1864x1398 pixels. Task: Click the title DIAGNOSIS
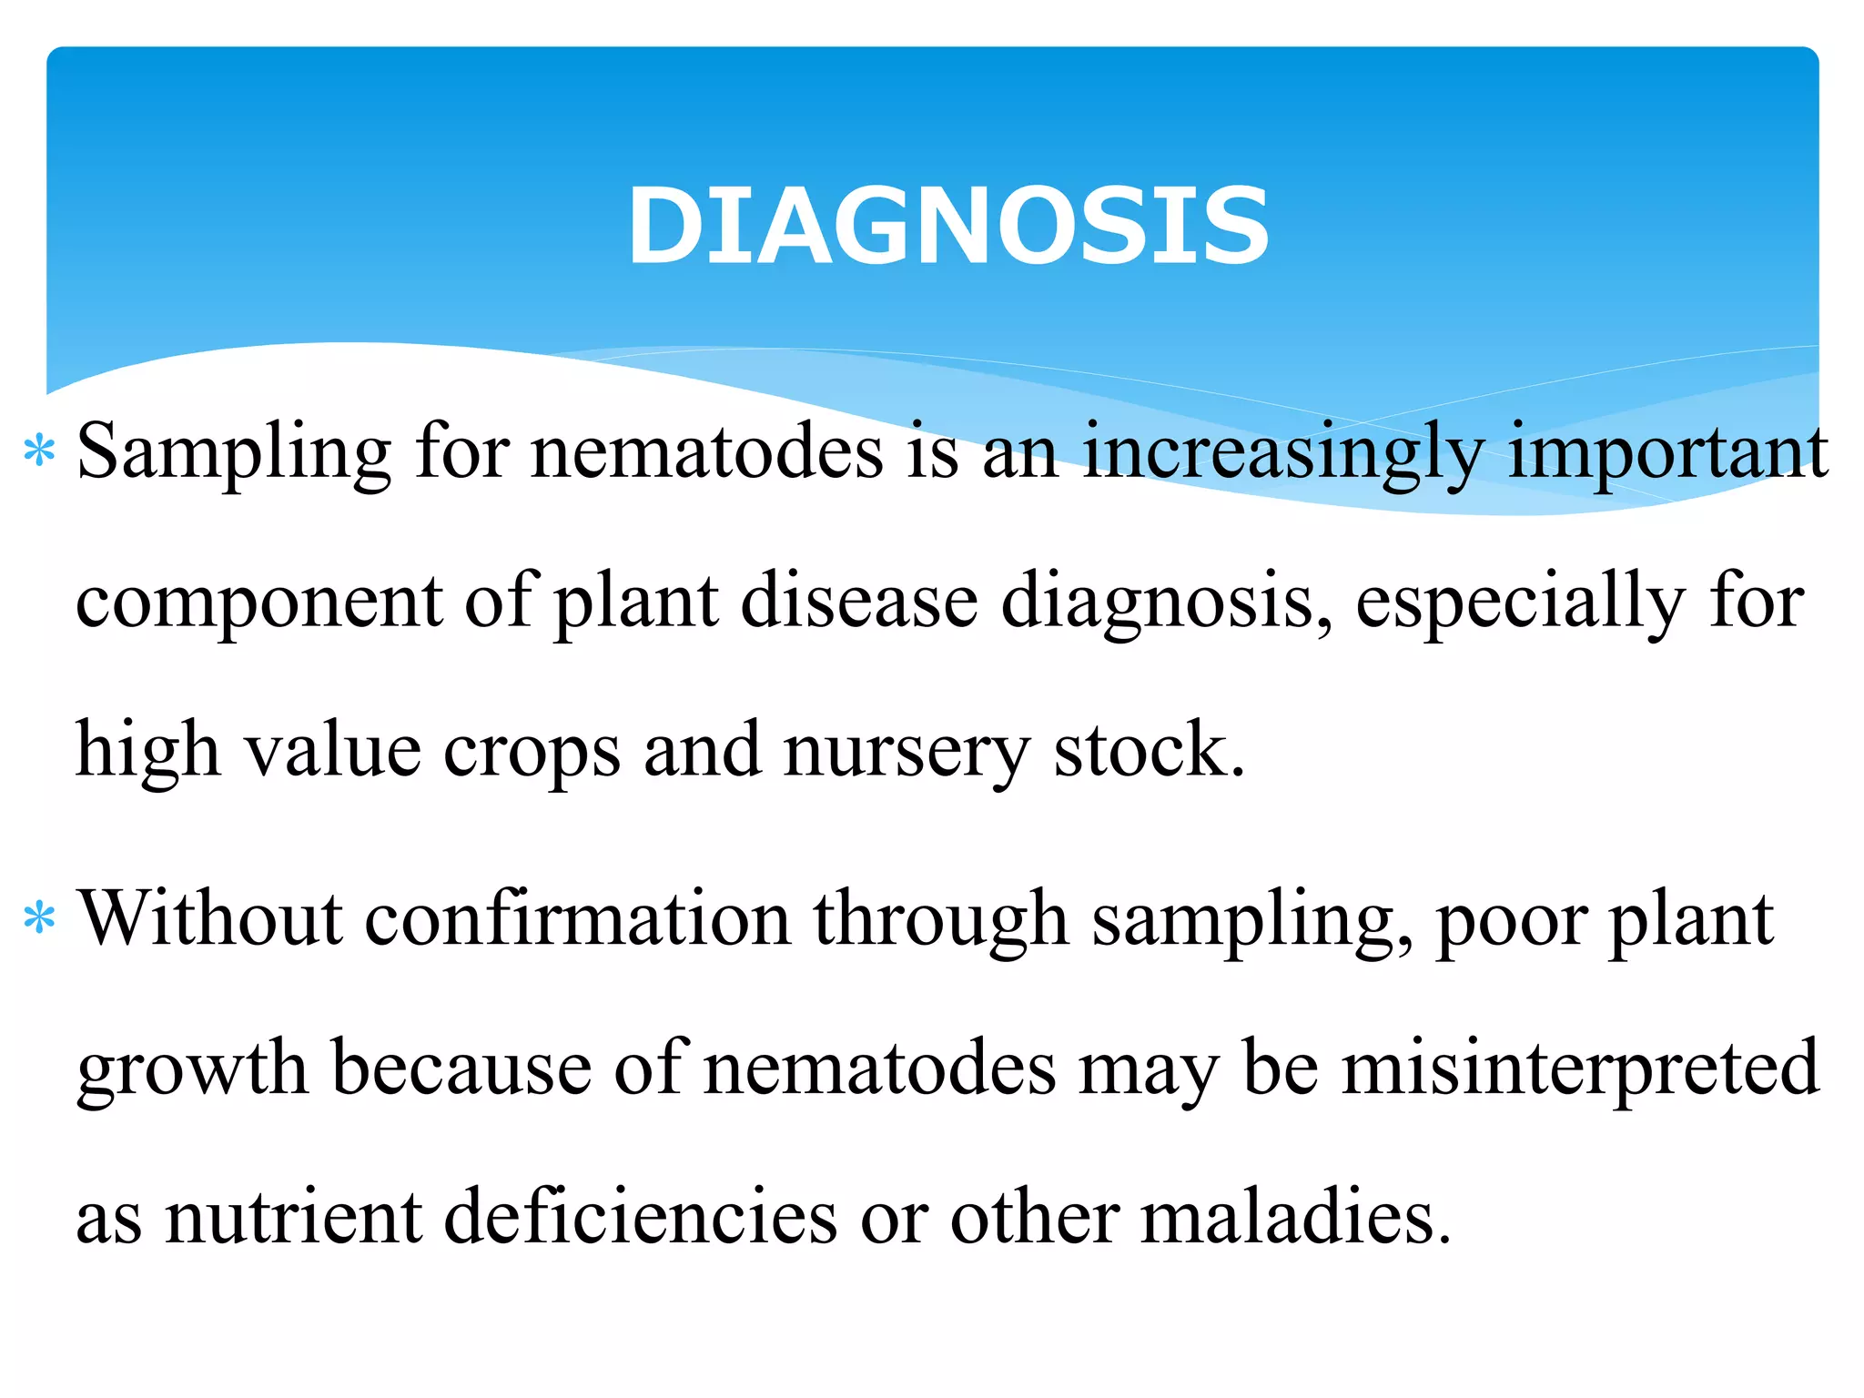coord(947,226)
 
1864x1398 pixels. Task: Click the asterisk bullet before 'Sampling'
coord(40,451)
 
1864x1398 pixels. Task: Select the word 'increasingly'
coord(1283,453)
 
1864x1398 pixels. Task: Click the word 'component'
coord(259,603)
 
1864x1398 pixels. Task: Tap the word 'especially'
coord(1520,603)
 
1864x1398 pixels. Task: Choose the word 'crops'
coord(532,752)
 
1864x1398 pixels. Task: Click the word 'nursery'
coord(907,752)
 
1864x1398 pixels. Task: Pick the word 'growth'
coord(192,1069)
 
